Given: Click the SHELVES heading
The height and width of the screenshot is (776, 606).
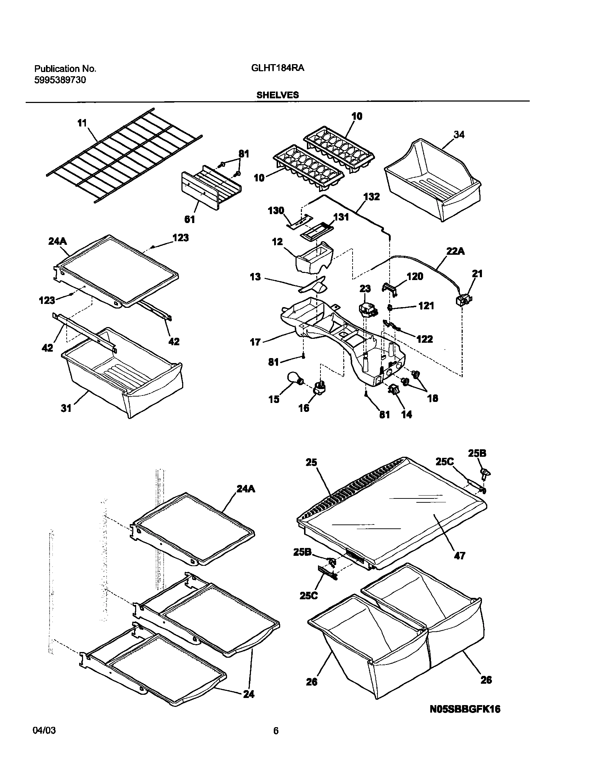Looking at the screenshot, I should (277, 95).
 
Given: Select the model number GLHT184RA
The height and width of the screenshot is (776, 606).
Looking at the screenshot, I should (277, 68).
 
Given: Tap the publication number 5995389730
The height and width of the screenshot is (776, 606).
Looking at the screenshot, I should (60, 80).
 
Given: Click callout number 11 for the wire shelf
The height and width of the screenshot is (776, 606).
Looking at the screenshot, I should (82, 123).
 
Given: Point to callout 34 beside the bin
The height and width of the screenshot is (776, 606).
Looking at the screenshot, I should (459, 135).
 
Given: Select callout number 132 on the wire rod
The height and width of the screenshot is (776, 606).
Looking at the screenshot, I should (371, 197).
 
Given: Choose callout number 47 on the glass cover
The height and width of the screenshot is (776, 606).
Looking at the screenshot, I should (459, 555).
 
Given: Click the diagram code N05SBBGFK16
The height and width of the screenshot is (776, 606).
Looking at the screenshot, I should (465, 709).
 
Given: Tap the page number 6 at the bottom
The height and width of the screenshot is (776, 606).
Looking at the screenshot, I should (276, 731).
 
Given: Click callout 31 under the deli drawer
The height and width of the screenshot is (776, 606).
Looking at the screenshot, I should (66, 408).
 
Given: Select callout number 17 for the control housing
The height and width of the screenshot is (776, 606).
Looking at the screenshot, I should (255, 343).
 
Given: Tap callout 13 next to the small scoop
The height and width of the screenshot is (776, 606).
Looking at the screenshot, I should (255, 277).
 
